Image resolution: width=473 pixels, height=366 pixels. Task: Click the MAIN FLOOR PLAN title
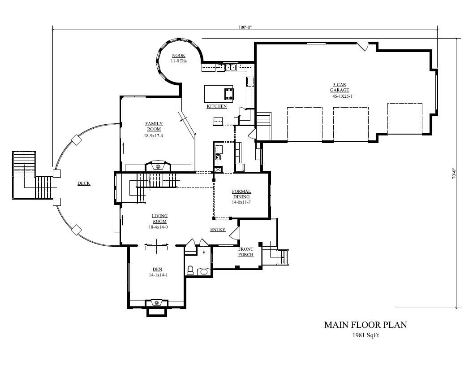(365, 325)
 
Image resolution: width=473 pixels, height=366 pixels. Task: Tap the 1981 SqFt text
(365, 335)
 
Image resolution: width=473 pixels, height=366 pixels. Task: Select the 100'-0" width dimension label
(245, 27)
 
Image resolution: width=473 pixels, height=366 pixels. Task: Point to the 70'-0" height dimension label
(453, 174)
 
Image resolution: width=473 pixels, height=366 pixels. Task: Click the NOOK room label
(178, 56)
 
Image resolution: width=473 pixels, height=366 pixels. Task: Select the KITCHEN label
(216, 106)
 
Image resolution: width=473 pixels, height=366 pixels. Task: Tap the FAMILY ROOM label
(154, 126)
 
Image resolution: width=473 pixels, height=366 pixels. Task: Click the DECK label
(84, 183)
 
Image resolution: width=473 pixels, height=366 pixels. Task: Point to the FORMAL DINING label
(241, 194)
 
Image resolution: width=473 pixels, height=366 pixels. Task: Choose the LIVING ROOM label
(159, 218)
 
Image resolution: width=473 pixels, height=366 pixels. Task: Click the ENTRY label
(218, 230)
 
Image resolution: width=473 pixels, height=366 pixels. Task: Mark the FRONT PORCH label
(245, 252)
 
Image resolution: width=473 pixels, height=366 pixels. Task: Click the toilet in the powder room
(190, 270)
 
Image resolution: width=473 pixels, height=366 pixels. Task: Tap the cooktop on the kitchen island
(229, 93)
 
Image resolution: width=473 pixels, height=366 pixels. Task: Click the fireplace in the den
(157, 303)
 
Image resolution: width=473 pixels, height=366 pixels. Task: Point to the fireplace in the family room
(157, 166)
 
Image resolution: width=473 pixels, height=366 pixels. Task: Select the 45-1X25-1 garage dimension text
(342, 96)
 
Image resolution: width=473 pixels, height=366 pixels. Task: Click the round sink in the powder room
(204, 271)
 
